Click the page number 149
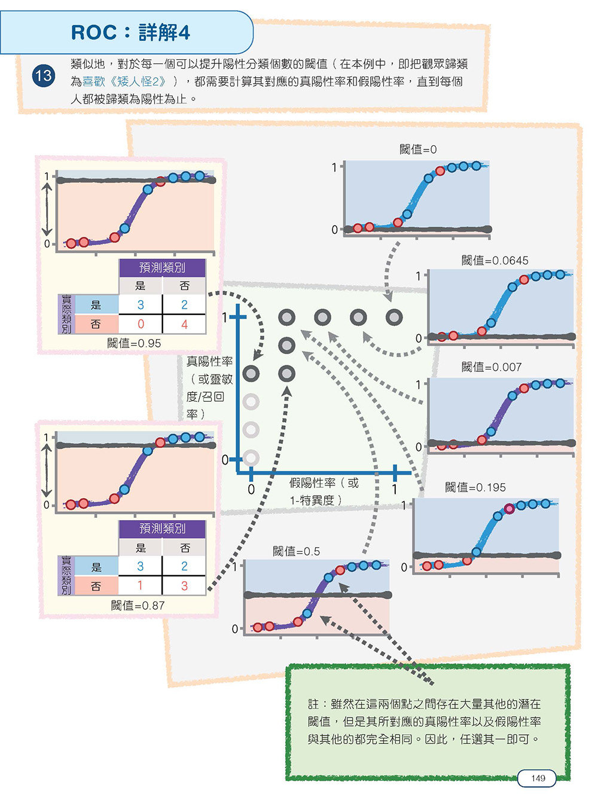click(538, 778)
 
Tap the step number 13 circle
click(44, 76)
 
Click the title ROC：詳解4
click(130, 32)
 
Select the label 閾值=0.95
click(134, 343)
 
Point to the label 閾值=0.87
click(138, 606)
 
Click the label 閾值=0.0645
click(495, 261)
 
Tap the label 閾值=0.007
click(492, 367)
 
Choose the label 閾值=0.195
click(475, 487)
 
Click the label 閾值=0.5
click(296, 551)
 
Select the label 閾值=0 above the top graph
click(418, 149)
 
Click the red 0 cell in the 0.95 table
click(141, 323)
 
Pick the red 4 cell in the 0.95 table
click(184, 324)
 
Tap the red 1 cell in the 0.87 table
click(140, 585)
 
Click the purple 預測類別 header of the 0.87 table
click(163, 529)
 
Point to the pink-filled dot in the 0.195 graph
click(509, 508)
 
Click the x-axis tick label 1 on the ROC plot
click(395, 489)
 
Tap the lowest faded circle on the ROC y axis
click(251, 457)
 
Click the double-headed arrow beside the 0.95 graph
click(47, 209)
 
